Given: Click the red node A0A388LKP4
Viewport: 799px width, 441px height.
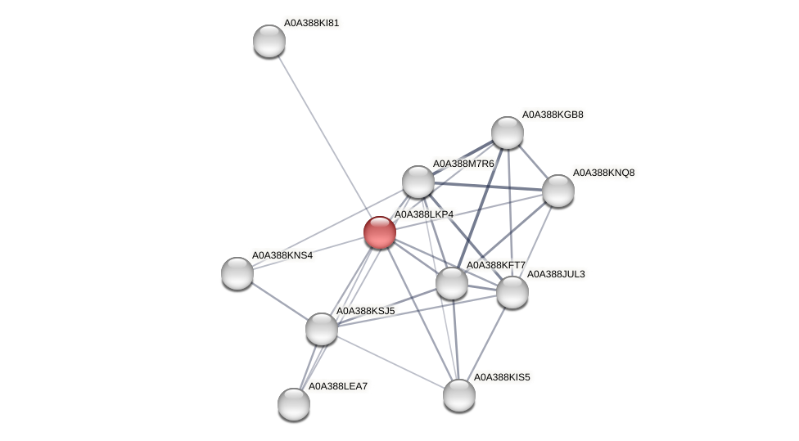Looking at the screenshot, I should coord(379,232).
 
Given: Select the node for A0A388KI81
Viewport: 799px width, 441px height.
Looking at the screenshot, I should coord(269,41).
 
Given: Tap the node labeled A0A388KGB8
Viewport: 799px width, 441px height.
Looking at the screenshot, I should coord(508,133).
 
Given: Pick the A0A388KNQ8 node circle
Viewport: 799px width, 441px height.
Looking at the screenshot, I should coord(558,191).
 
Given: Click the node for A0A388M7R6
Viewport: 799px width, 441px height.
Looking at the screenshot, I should coord(418,182).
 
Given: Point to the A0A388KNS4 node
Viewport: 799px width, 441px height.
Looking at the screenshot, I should coord(237,273).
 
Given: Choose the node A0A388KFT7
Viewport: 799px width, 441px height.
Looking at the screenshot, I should coord(452,283).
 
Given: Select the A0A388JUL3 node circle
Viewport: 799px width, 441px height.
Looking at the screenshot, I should coord(512,292).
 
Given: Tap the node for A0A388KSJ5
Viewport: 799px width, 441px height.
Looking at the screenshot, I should coord(322,329).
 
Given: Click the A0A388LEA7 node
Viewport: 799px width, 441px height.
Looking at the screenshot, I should coord(294,403).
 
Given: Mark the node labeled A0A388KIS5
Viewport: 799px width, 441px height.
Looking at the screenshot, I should coord(459,395).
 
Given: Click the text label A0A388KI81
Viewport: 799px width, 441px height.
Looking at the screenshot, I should coord(311,23).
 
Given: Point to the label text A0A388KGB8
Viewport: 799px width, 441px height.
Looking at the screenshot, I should coord(553,115).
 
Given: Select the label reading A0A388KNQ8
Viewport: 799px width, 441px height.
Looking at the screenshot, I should coord(603,173).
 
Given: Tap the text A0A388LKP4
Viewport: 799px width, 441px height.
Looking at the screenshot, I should coord(424,214).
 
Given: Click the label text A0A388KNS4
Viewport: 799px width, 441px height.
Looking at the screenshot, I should coord(282,255).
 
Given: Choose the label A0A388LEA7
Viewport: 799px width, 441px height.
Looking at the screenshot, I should coord(338,385).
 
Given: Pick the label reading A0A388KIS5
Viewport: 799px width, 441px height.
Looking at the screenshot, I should coord(502,377).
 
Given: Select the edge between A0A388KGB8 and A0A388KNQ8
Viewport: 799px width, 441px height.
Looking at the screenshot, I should coord(533,162).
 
